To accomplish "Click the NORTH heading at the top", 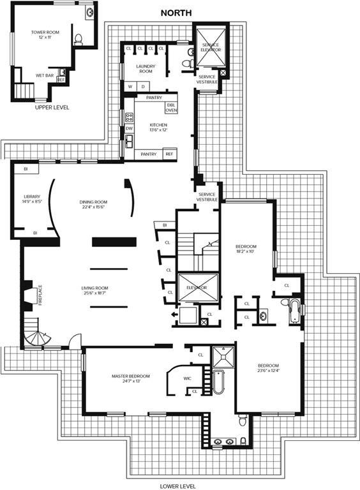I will coord(179,12).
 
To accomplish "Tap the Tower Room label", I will coord(45,34).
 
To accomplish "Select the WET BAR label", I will coord(44,75).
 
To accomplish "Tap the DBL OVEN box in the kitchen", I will coord(171,108).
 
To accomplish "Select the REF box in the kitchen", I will coord(169,154).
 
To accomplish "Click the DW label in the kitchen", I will coord(129,128).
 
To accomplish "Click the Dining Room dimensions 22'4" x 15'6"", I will coord(93,207).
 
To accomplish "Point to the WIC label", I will coord(187,378).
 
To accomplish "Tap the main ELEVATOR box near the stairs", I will coord(197,288).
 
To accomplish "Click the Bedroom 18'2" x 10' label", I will coord(246,249).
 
